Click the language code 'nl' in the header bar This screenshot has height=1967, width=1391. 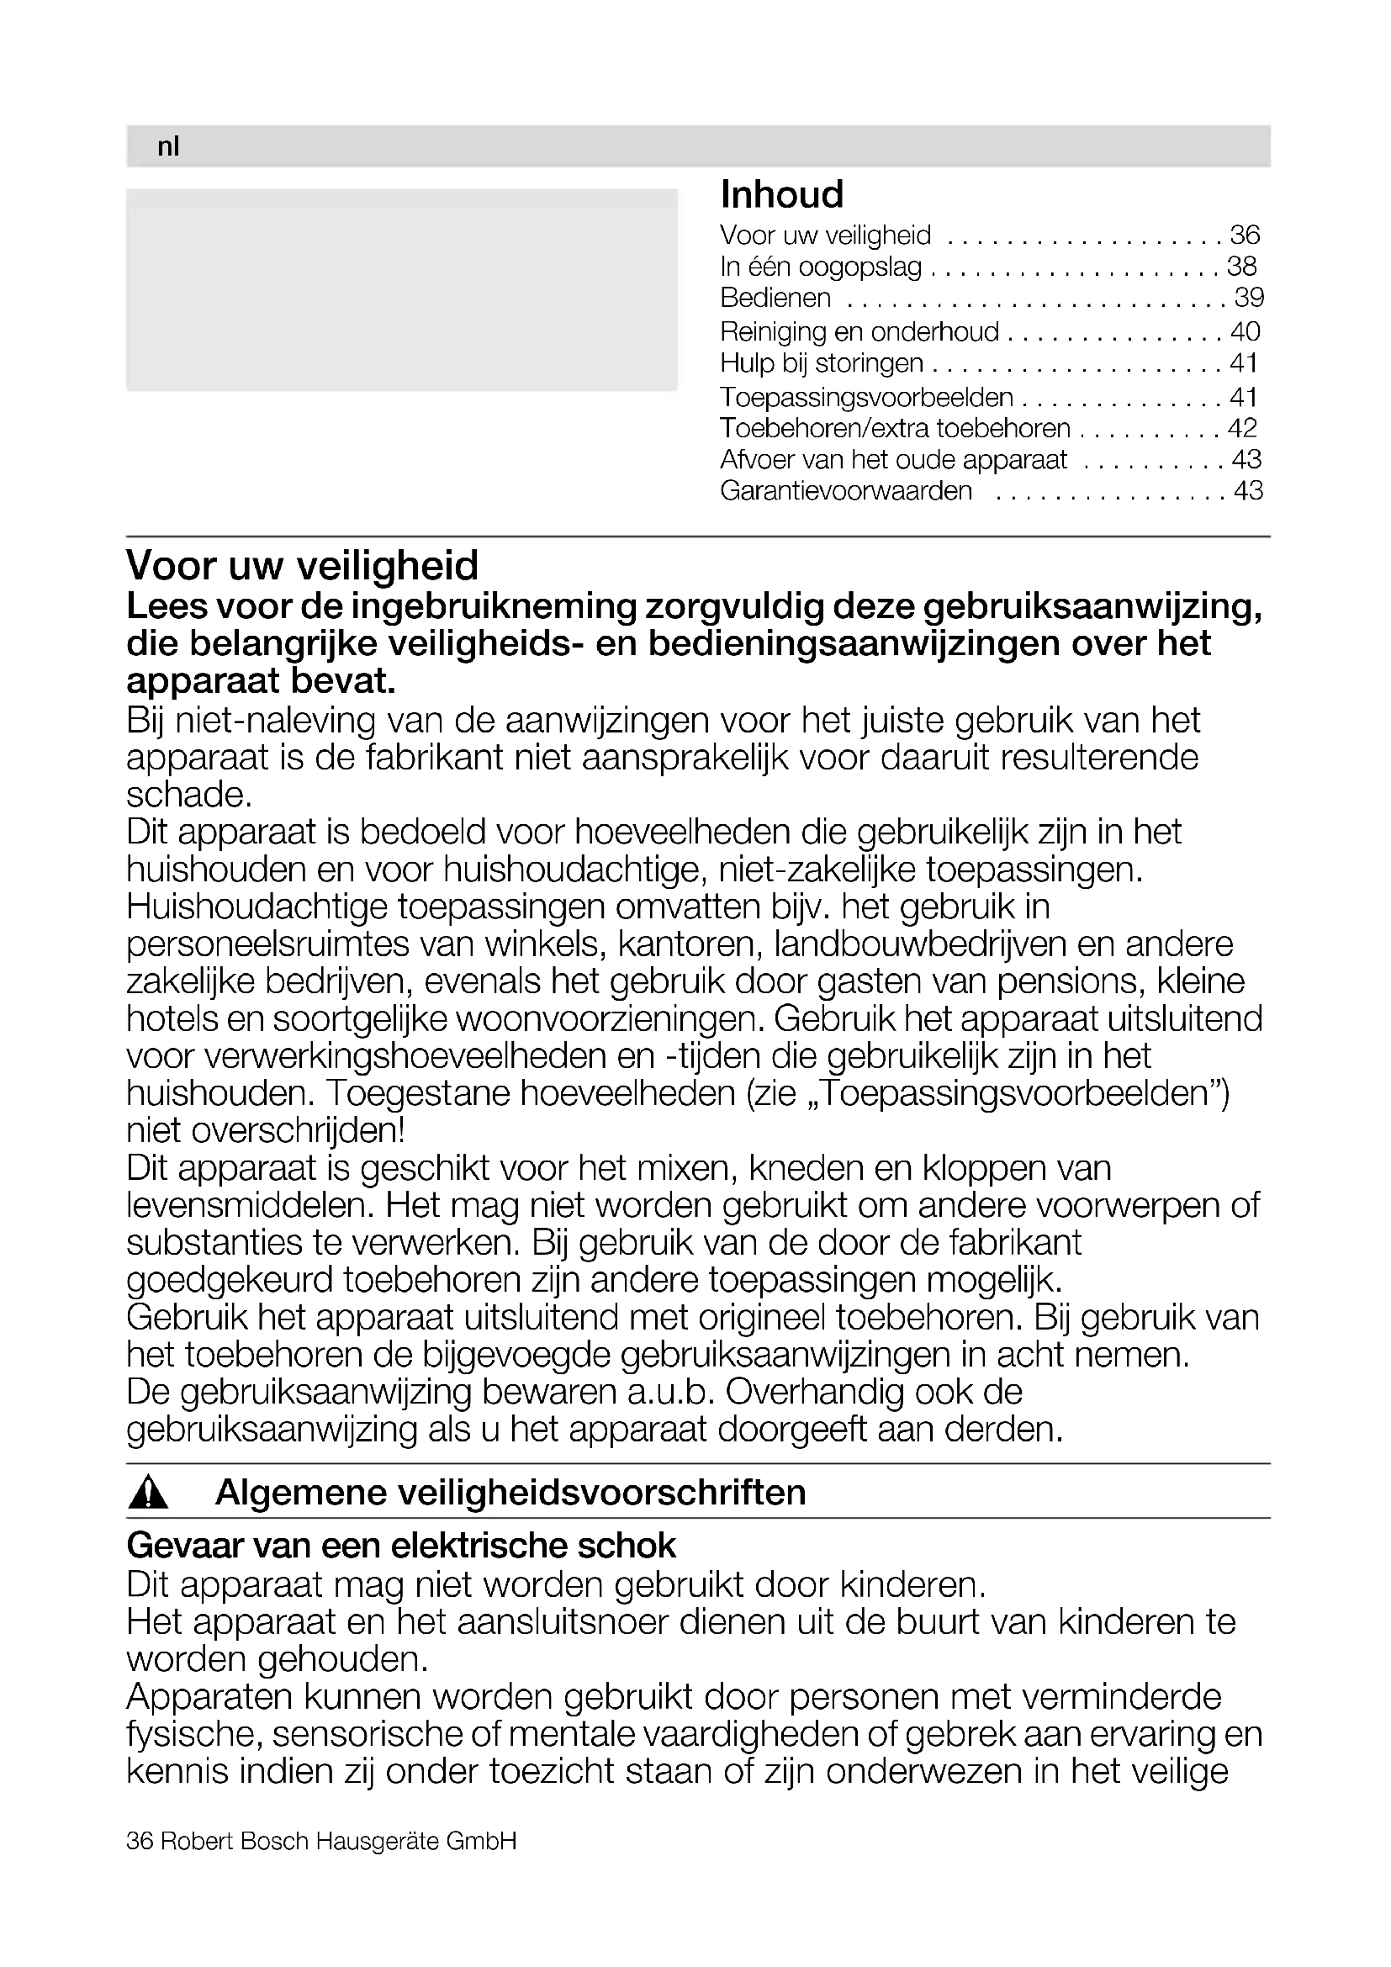tap(168, 147)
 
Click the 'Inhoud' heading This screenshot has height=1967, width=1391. tap(782, 194)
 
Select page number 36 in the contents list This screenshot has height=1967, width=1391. tap(1245, 235)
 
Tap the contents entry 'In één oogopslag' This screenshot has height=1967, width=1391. tap(821, 267)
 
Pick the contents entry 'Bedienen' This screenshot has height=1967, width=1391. tap(775, 299)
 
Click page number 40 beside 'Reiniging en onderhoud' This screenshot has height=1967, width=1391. tap(1245, 331)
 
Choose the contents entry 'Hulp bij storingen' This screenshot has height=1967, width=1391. tap(822, 363)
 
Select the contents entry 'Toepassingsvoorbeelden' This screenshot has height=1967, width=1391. tap(866, 398)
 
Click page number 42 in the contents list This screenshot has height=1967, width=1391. tap(1242, 427)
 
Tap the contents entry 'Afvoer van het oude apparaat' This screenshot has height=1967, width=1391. tap(893, 460)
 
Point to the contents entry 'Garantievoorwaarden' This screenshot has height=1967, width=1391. tap(846, 491)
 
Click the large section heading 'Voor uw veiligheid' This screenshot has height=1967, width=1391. tap(303, 565)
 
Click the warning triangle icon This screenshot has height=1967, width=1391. tap(148, 1494)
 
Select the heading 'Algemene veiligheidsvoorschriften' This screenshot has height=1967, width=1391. tap(510, 1493)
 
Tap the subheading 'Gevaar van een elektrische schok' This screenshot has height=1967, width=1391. tap(401, 1546)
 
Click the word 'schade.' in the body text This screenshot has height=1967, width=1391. tap(189, 795)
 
